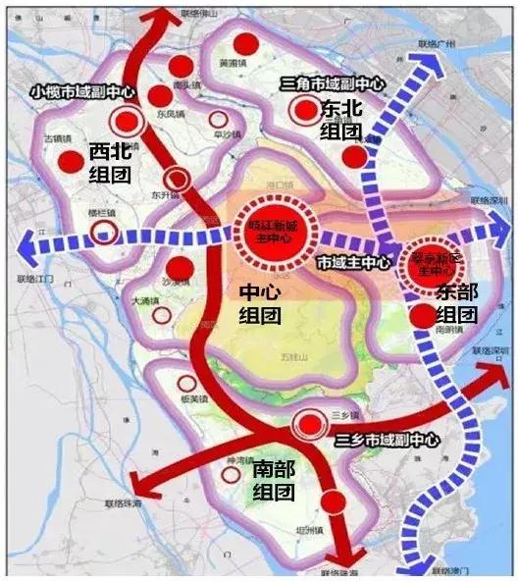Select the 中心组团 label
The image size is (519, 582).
[x=260, y=304]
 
